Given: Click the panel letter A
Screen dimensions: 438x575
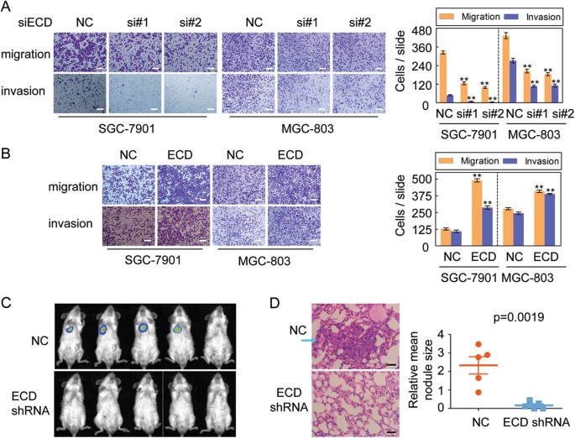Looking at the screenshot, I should (x=8, y=8).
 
